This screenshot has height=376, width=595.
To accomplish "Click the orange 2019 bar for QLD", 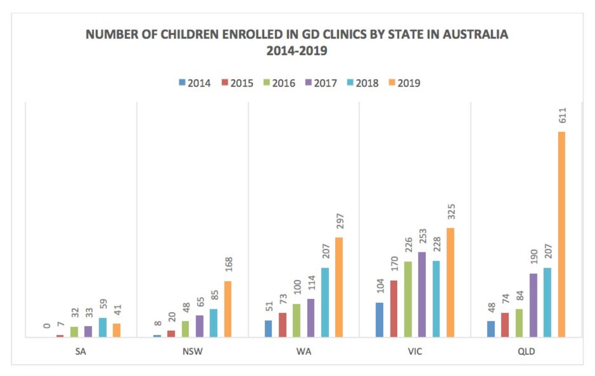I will click(561, 234).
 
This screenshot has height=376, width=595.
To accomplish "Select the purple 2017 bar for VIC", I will click(422, 295).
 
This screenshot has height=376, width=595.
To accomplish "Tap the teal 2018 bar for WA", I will click(325, 302).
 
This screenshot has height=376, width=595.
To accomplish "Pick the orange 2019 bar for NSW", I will click(228, 309).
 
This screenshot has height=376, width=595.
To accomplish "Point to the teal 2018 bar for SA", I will click(103, 327).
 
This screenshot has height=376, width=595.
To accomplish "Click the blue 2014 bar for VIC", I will click(379, 320).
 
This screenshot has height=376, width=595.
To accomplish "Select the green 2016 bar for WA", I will click(297, 321).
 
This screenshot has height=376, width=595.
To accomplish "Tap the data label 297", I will click(340, 221).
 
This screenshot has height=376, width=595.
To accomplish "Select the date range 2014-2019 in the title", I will click(297, 51).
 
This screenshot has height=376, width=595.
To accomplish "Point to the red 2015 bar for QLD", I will click(505, 325).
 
